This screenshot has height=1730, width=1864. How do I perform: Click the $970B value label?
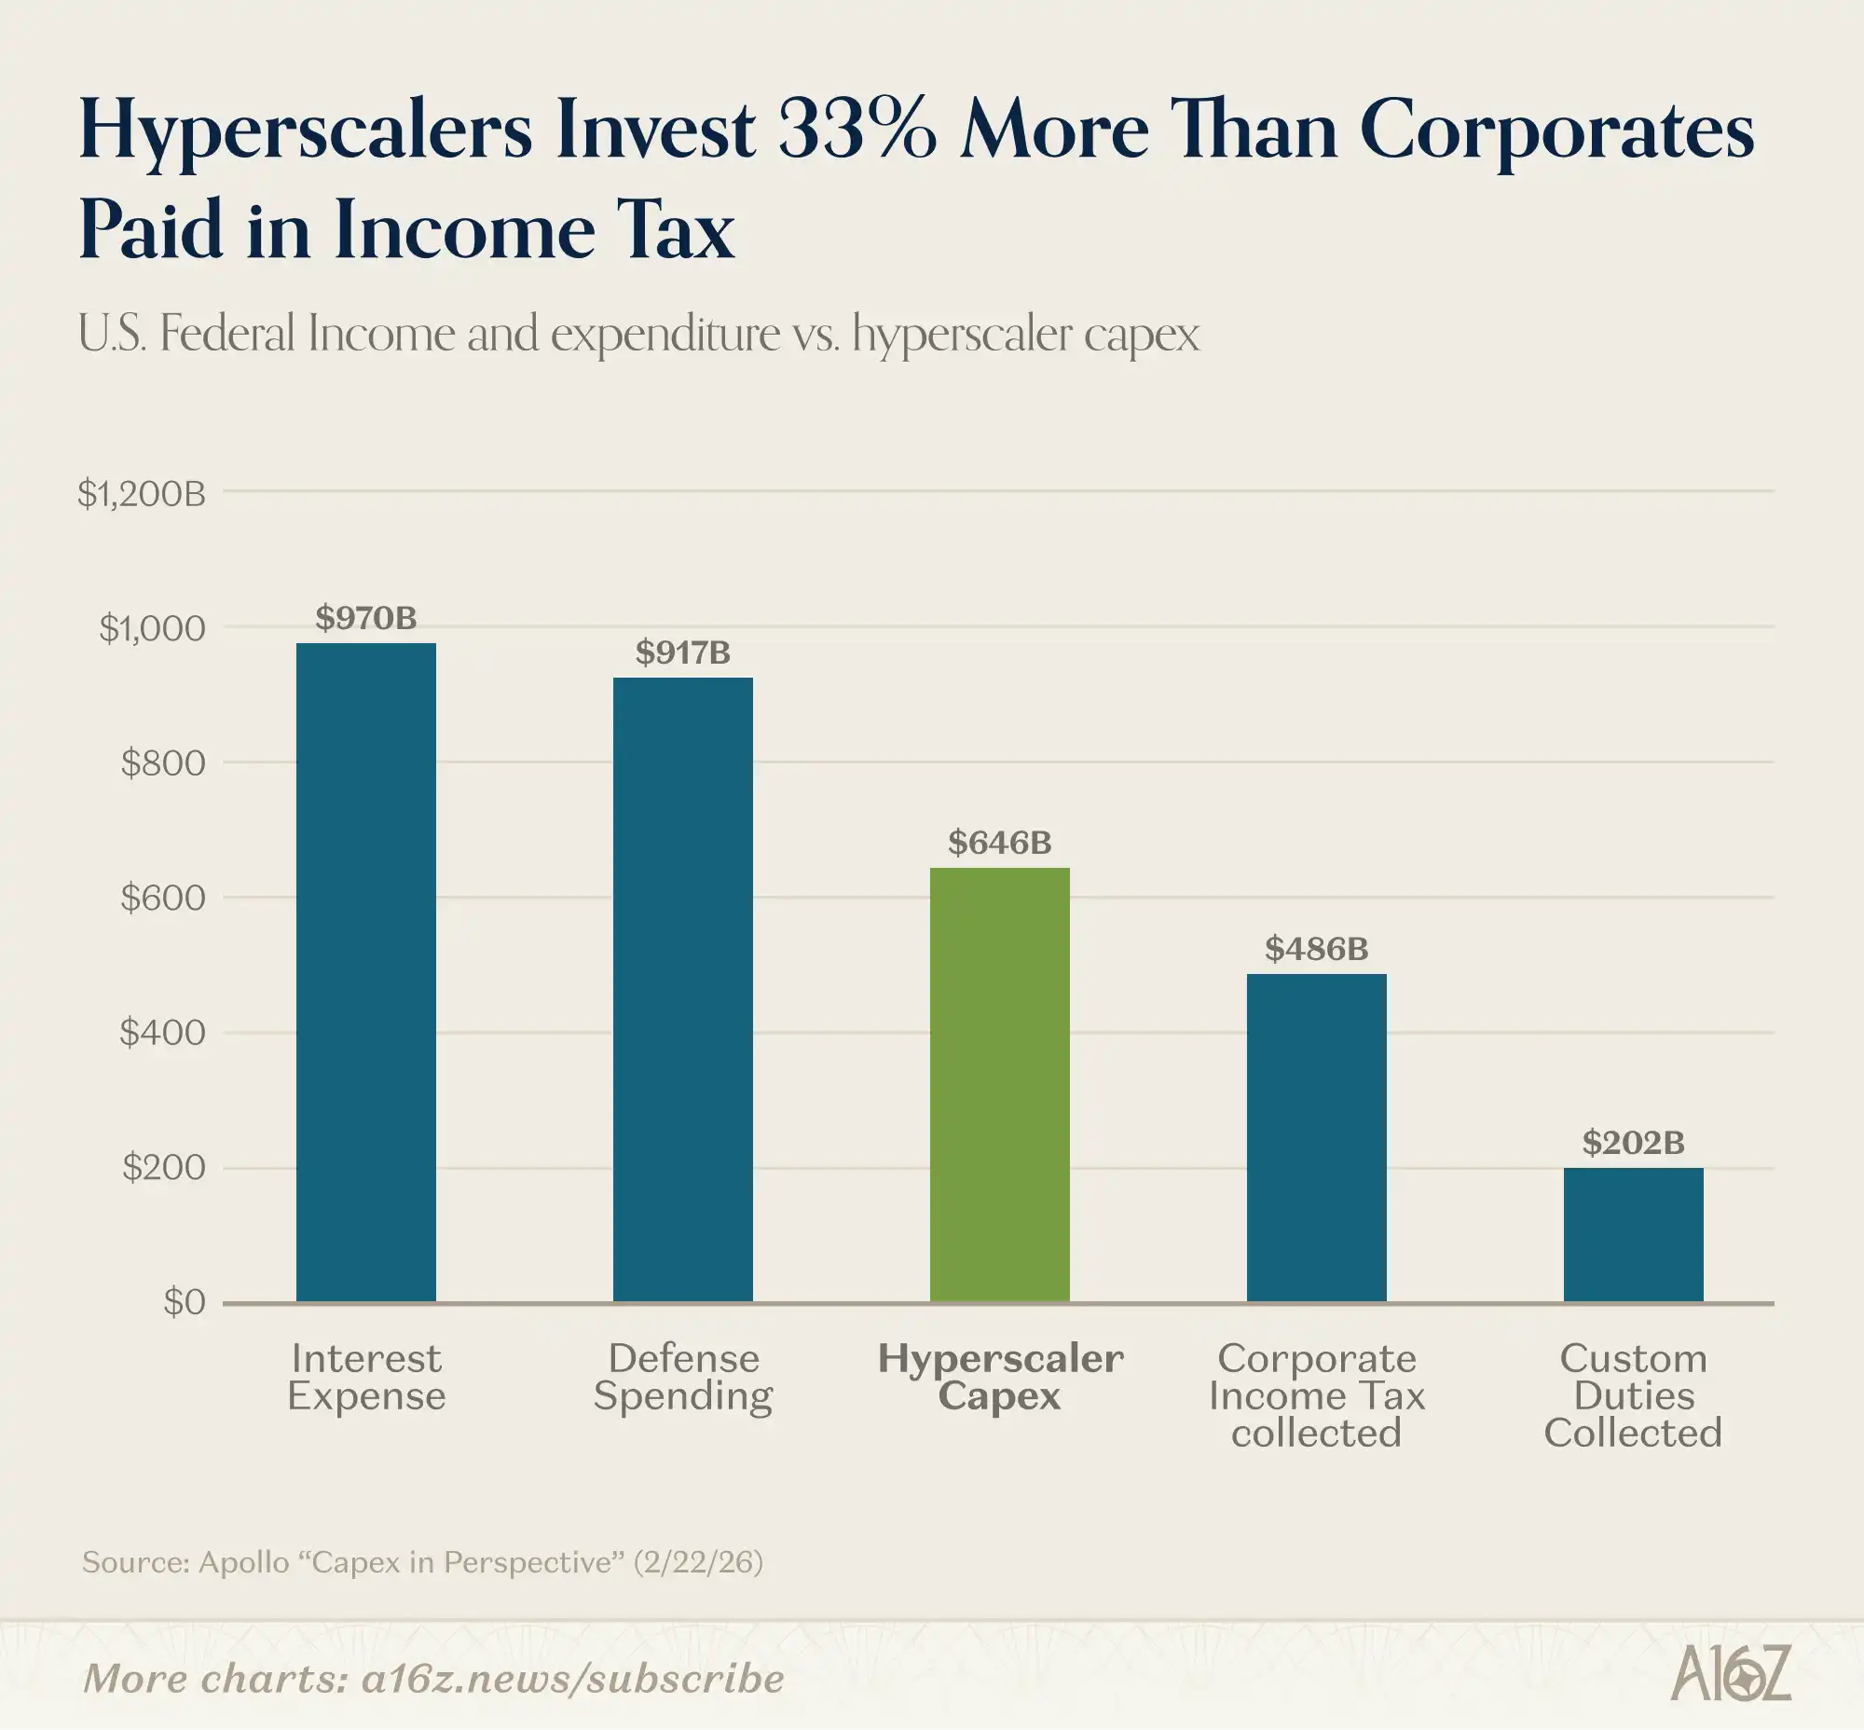coord(366,618)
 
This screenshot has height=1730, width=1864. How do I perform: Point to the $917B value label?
coord(682,652)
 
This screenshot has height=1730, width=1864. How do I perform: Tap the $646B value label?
coord(999,843)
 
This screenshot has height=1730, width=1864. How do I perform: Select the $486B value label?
coord(1316,949)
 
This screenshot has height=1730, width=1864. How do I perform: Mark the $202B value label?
coord(1633,1142)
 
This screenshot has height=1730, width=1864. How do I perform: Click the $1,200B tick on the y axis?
coord(142,493)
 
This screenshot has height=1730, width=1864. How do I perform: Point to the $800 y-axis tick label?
coord(163,763)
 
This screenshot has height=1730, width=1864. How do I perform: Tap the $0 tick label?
coord(184,1302)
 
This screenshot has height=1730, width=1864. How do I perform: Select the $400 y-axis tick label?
coord(163,1033)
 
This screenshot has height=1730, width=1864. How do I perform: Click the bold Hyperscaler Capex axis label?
coord(1000,1377)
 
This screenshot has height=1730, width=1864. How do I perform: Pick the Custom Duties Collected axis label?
coord(1633,1394)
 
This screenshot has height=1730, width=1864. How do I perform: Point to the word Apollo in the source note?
coord(243,1561)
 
